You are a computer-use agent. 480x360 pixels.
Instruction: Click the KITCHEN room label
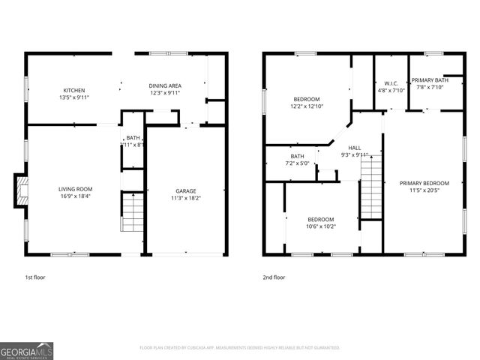click(74, 90)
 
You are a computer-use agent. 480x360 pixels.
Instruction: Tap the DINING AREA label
click(165, 86)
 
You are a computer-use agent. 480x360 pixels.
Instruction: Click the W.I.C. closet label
click(391, 83)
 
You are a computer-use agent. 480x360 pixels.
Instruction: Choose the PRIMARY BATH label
click(430, 79)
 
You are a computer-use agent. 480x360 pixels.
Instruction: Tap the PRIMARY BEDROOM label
click(424, 183)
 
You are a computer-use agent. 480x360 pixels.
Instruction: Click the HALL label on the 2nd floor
click(355, 148)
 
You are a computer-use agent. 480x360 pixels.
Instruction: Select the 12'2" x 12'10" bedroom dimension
click(307, 106)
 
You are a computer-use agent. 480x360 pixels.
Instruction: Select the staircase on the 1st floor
click(132, 212)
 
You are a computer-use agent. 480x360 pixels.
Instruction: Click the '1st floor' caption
click(35, 277)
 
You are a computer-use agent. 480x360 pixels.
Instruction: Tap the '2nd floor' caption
click(274, 277)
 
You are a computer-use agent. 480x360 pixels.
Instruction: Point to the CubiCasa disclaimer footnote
click(240, 348)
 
